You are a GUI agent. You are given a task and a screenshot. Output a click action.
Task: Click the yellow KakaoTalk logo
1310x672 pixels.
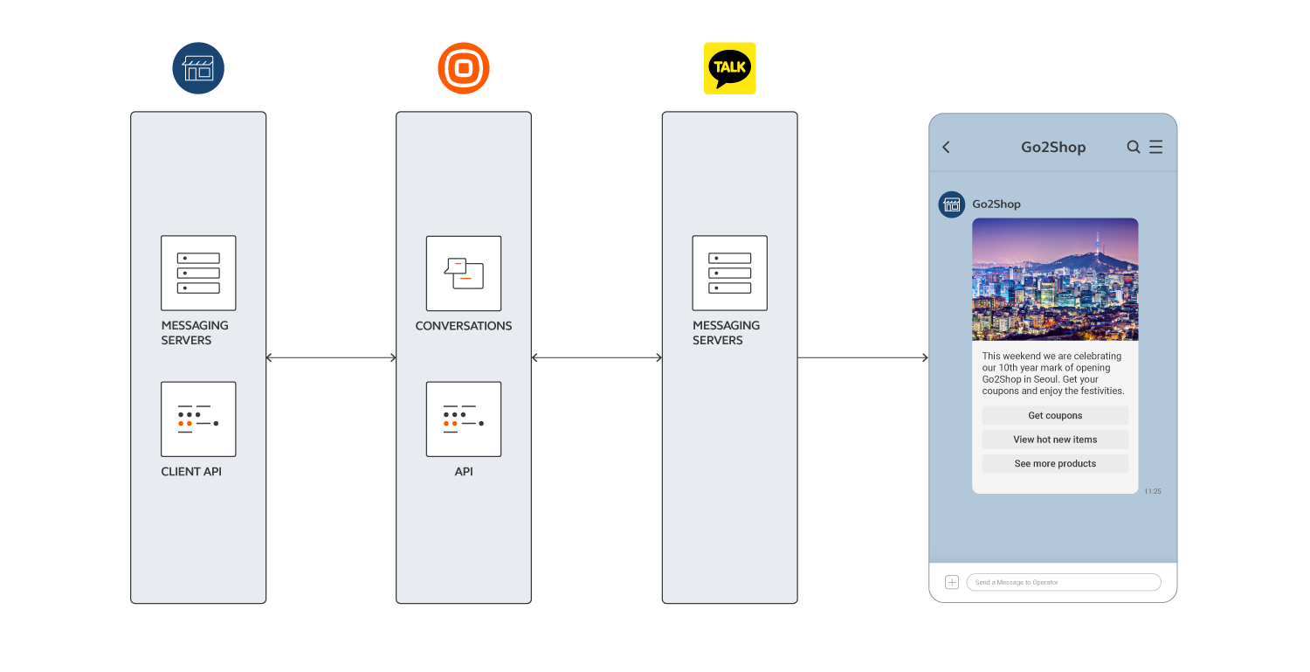[729, 68]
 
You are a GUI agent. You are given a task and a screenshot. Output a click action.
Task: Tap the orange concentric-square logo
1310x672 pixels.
[463, 68]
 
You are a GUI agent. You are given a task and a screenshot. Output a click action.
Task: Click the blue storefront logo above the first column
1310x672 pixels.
[198, 68]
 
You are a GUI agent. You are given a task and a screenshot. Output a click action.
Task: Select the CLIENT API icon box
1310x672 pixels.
[198, 419]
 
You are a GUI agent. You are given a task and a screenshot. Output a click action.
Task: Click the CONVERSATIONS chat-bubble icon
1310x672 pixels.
[464, 273]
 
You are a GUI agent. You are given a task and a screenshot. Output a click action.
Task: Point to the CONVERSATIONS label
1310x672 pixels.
[464, 326]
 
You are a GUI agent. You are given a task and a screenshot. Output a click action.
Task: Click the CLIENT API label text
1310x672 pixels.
[191, 472]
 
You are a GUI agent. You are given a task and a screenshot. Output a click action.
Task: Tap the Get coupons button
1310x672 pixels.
[1055, 416]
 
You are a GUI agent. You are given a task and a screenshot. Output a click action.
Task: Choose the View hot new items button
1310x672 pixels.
[1055, 440]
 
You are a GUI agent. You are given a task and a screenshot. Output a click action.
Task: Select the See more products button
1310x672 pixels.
[1055, 464]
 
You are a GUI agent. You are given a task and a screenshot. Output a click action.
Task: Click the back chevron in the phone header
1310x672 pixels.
[946, 148]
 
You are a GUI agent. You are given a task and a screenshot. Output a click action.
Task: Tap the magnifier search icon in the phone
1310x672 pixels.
[1134, 147]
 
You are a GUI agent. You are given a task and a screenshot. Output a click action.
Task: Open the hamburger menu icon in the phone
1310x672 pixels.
[1155, 147]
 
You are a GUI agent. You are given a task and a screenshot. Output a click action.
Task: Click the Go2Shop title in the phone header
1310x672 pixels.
[1053, 148]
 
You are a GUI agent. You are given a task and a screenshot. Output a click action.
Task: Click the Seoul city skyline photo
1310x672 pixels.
[1055, 279]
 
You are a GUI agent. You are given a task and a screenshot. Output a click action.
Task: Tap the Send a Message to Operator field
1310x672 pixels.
[1064, 582]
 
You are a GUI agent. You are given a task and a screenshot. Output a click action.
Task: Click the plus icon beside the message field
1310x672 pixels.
[952, 582]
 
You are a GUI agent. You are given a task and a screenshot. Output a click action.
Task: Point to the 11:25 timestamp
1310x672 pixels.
[1153, 492]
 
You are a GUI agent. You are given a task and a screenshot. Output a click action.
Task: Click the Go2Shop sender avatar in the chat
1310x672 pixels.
[951, 204]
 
